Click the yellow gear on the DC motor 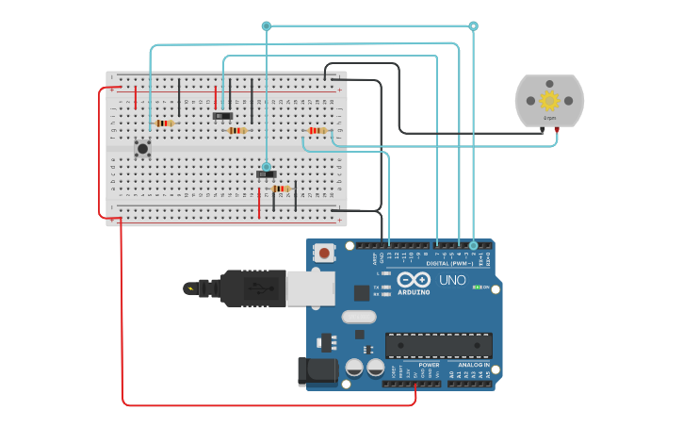coord(549,100)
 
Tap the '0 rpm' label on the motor coord(549,118)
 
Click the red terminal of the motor coord(556,128)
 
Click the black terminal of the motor coord(544,128)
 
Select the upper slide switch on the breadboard coord(222,116)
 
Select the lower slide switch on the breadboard coord(267,173)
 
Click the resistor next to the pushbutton coord(165,123)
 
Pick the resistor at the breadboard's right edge coord(317,130)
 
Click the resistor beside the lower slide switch coord(281,189)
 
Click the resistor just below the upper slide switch coord(236,130)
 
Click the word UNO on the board coord(452,280)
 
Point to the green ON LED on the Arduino coord(477,287)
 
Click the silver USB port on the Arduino coord(310,288)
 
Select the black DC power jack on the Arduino coord(317,370)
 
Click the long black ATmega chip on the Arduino coord(438,345)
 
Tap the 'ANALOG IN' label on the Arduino coord(473,365)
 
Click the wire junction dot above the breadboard coord(267,26)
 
